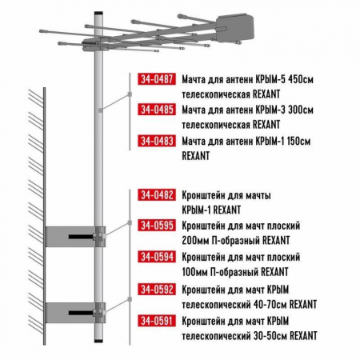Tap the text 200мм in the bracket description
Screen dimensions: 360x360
pos(195,239)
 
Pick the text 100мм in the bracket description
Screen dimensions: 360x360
pos(195,271)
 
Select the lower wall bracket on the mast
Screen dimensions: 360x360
pos(72,311)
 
